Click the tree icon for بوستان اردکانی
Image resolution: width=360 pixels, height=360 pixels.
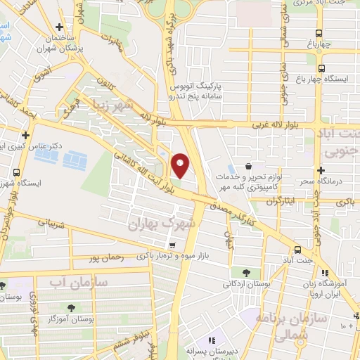click(245, 273)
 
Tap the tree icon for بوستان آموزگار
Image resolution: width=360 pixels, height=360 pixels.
click(71, 308)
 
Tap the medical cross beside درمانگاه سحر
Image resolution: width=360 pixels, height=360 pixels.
click(321, 170)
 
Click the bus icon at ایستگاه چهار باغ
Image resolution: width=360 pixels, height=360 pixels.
click(321, 69)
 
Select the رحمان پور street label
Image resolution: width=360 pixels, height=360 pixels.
click(105, 258)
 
